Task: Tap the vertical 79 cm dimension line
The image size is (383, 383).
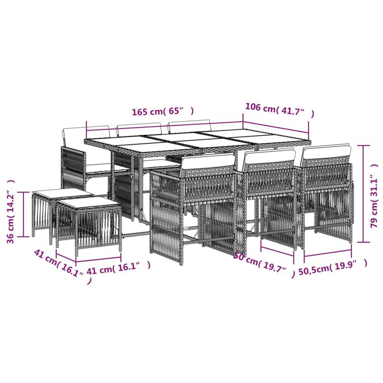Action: coord(364,193)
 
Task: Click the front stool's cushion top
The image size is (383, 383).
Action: coord(89,203)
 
